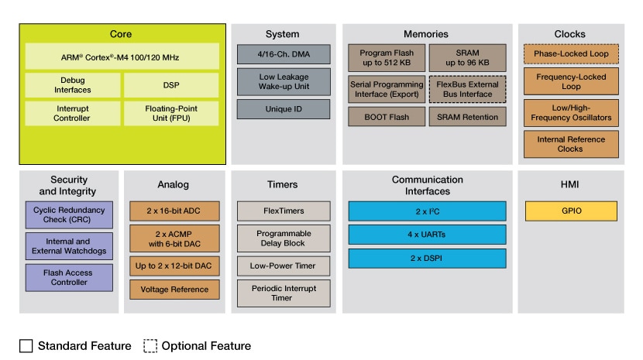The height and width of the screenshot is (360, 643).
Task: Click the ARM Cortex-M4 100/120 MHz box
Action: coord(122,56)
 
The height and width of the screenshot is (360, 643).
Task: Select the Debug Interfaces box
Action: coord(73,86)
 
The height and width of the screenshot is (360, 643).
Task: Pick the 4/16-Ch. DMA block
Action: coord(284,54)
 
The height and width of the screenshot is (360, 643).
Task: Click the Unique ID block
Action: coord(284,109)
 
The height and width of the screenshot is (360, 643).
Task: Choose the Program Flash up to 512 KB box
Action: coord(386,58)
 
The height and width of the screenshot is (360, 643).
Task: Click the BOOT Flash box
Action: coord(386,117)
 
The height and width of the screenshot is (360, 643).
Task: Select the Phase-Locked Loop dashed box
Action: coord(571,54)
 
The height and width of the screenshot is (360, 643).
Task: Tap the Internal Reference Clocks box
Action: coord(571,144)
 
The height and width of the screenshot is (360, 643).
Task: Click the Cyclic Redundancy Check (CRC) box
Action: coord(68,215)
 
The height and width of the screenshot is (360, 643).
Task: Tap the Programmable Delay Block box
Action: coord(284,238)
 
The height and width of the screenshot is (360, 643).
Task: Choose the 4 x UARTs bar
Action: coord(428,235)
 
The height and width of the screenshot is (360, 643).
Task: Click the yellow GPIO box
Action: coord(571,211)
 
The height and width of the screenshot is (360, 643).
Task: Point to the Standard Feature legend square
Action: coord(26,346)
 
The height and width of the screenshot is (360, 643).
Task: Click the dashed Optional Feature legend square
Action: coord(150,346)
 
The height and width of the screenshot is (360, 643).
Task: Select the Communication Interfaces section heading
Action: coord(428,186)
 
